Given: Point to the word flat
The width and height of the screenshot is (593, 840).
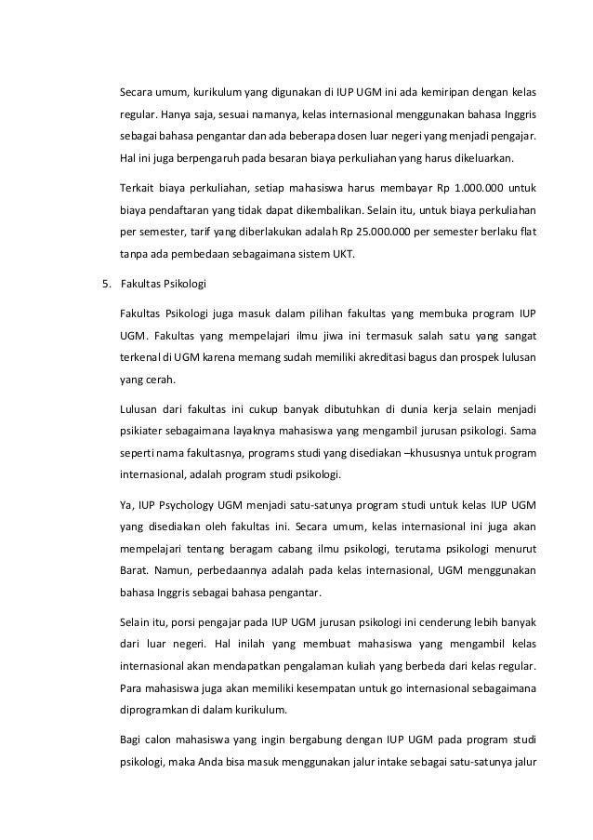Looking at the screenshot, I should [527, 230].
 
